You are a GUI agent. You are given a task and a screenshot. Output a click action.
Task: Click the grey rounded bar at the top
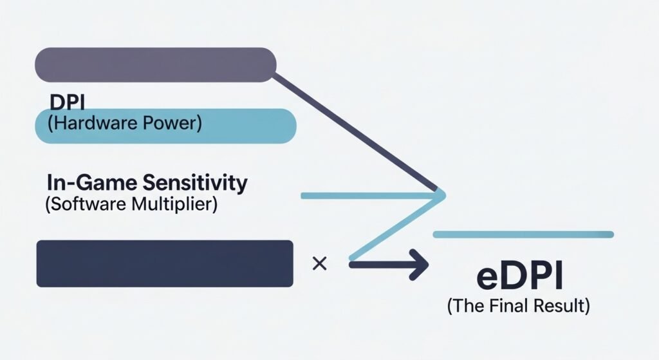tap(154, 65)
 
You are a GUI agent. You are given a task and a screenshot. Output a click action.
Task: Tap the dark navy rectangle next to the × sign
tap(165, 263)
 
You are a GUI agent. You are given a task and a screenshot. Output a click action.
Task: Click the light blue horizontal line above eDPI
tap(523, 234)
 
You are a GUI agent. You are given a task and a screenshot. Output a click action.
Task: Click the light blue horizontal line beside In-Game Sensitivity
tap(367, 194)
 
